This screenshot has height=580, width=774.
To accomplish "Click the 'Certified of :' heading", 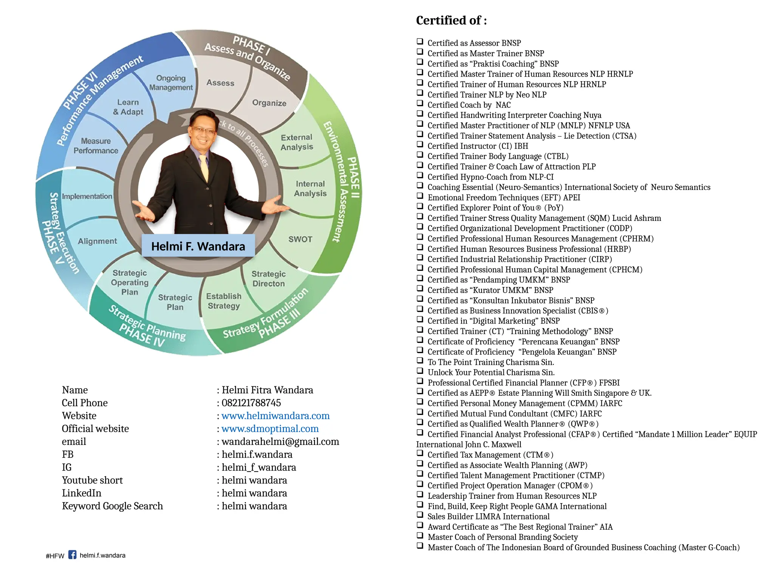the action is point(451,20).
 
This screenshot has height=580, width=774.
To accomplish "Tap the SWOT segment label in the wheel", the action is point(300,239).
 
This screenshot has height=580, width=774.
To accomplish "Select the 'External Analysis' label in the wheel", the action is point(297,142).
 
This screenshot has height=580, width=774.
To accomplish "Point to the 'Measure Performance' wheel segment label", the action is point(96,146).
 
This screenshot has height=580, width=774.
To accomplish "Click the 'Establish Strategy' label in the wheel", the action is point(224,301).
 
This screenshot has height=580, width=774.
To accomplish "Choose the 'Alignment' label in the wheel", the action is point(98,241).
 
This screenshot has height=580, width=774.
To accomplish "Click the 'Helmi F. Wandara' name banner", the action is point(198,246).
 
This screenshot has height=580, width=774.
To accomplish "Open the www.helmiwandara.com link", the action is point(276,416).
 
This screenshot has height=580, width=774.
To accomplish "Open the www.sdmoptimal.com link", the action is point(270,429).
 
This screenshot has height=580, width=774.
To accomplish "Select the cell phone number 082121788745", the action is point(251,403).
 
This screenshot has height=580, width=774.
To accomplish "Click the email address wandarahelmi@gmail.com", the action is point(280,441).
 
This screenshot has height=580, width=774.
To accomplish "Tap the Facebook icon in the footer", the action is point(73,555).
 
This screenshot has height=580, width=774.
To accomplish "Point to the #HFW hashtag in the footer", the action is point(55,556).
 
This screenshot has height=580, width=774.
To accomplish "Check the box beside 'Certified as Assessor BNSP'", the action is point(420,41).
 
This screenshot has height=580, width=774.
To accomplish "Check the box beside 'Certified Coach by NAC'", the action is point(420,103).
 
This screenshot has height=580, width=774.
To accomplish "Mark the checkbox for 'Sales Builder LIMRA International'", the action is point(420,514).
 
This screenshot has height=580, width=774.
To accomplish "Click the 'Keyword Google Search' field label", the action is point(112,506).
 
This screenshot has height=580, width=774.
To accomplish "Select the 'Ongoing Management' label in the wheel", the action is point(171,83).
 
